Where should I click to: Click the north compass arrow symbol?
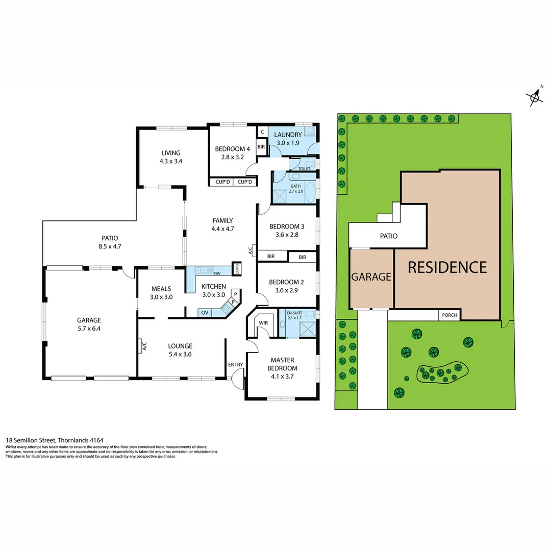coord(535,96)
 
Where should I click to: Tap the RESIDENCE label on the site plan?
coord(447,267)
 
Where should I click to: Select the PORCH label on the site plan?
coord(449,315)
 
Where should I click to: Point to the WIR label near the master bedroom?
coord(264,322)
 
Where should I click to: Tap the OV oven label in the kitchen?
coord(205,312)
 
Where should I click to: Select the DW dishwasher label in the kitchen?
coord(217,273)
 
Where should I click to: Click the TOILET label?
coord(304,168)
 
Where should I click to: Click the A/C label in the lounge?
coord(144,346)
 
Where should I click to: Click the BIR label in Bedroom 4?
coord(261,147)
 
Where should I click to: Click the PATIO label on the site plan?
coord(388,236)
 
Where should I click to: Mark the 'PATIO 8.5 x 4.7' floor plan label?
coord(110,242)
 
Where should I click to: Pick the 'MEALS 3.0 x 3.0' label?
coord(161,293)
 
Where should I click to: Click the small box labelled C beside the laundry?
coord(262,132)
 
